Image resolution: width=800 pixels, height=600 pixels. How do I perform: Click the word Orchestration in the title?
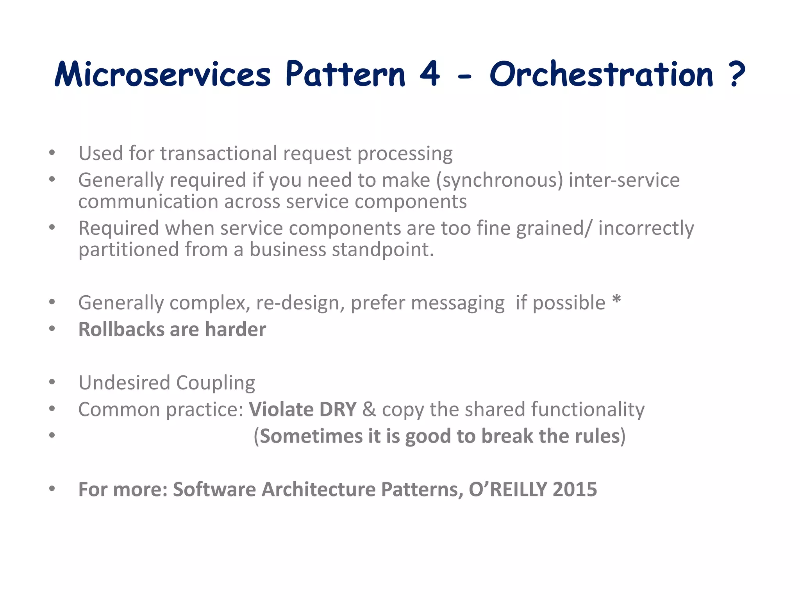pos(601,74)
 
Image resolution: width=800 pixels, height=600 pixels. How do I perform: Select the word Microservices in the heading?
pos(162,74)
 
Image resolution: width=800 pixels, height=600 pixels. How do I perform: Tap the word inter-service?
pos(624,180)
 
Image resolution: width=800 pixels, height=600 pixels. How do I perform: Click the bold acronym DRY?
pos(337,409)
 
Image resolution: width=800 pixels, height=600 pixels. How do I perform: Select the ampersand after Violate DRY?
pos(369,409)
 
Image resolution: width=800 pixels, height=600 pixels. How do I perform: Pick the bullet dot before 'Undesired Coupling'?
pos(52,382)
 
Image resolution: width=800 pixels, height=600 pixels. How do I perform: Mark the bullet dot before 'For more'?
pos(52,489)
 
